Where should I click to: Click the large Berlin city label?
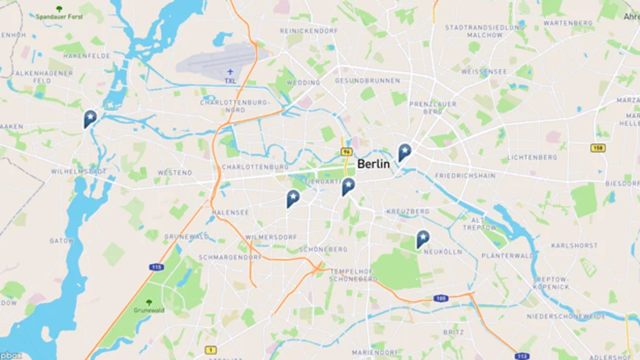373,164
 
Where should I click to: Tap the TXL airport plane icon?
231,71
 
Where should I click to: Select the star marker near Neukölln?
423,238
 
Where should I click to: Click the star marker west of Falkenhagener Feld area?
90,117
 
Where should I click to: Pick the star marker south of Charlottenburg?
293,197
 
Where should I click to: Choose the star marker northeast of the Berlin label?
404,151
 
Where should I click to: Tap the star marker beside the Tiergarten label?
349,185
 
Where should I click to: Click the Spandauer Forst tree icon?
60,9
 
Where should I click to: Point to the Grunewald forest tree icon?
149,302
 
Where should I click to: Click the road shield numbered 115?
156,267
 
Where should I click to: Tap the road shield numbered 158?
599,148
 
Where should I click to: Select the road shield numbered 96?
347,152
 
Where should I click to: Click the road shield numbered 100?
441,298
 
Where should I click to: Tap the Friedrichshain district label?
465,176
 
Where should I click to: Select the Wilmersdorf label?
271,237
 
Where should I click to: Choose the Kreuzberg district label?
408,211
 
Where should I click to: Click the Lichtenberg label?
532,157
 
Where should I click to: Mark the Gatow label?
62,240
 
